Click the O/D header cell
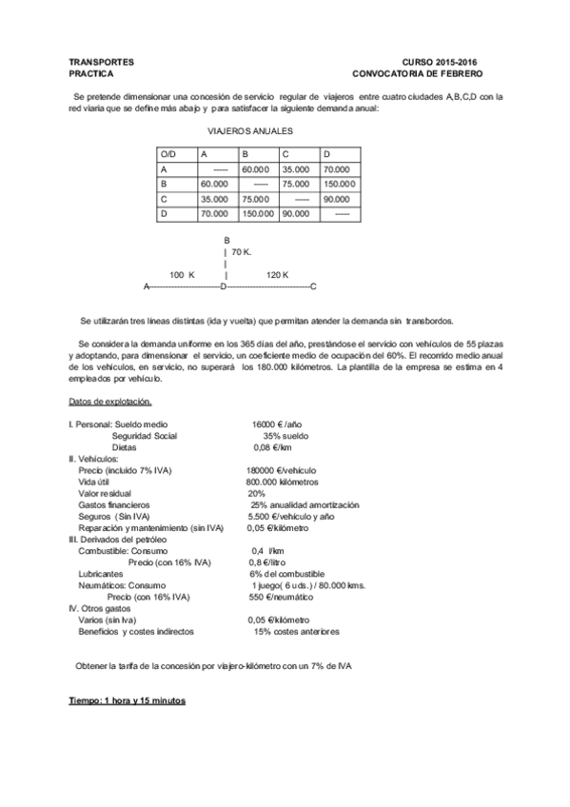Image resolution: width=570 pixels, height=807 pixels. coord(170,153)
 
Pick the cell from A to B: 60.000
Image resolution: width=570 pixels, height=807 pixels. coord(256,168)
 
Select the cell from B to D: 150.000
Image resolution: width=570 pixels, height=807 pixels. coord(339,184)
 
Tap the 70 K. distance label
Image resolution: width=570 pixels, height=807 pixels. coord(241,252)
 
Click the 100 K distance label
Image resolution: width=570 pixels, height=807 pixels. coord(182,274)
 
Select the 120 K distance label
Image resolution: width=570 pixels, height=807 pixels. coord(278,274)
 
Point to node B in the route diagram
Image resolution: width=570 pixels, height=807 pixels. coord(226,241)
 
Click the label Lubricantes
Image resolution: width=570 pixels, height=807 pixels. coord(100,574)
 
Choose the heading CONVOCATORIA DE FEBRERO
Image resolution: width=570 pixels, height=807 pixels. coord(418,72)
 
